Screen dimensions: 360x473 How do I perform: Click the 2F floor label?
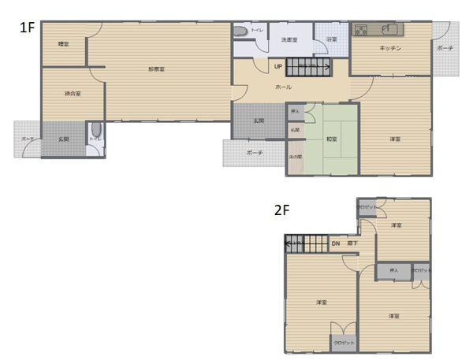281,211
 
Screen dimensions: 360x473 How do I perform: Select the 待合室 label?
73,94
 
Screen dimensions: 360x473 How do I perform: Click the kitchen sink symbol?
390,30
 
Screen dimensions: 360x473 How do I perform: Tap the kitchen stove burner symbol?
362,30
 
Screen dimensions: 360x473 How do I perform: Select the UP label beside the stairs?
279,67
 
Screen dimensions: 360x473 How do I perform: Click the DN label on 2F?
335,244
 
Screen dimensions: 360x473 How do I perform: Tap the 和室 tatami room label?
332,139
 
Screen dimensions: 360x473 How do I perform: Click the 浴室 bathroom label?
332,39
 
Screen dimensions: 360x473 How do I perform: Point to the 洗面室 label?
289,39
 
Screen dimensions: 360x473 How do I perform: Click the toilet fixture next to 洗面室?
240,32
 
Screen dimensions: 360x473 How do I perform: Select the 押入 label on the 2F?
392,271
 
